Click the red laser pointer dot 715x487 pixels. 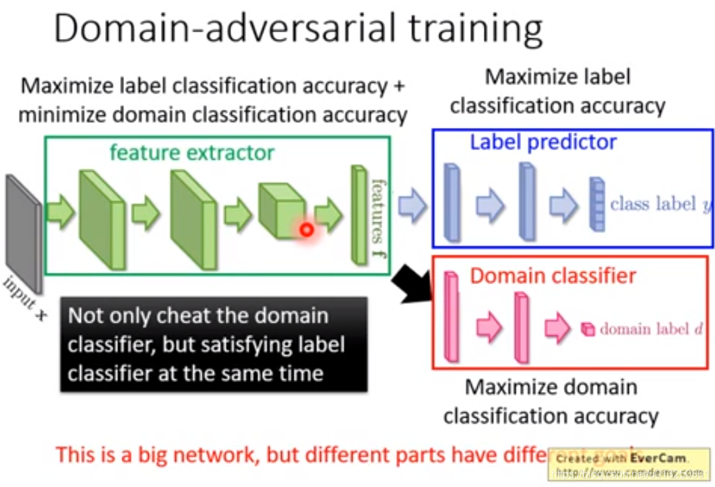(x=307, y=230)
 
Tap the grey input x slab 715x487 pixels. (x=24, y=233)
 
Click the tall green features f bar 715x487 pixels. (x=357, y=214)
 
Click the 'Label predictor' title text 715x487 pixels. (x=543, y=142)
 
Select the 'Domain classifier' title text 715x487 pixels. (x=553, y=275)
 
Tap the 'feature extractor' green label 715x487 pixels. (x=191, y=152)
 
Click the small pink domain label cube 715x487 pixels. (x=588, y=329)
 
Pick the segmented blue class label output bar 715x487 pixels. (x=596, y=205)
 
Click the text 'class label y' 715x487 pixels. (x=660, y=204)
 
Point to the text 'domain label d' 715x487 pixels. (x=651, y=329)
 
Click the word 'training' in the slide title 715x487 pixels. (x=460, y=31)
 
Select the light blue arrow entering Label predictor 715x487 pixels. (x=412, y=205)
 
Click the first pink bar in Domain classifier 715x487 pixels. (x=452, y=317)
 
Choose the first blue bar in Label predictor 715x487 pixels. (x=452, y=203)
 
